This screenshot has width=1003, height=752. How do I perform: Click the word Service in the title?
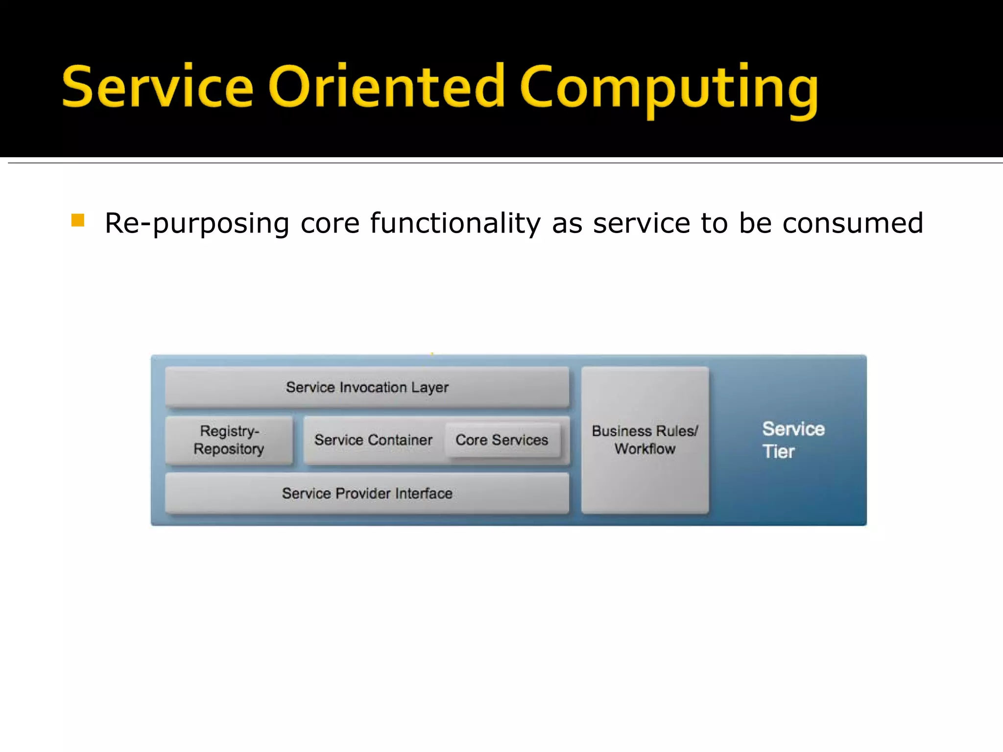158,87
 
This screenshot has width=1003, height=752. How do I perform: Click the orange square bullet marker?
78,220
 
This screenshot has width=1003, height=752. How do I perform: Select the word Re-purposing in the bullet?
197,224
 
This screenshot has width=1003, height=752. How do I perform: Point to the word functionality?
455,224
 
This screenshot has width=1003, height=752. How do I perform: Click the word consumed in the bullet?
853,223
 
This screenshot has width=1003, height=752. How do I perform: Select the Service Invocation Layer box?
367,387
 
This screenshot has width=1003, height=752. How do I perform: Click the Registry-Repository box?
229,440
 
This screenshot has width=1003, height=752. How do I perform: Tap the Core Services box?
502,440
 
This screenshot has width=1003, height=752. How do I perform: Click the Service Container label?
373,440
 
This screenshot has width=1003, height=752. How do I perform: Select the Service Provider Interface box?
367,493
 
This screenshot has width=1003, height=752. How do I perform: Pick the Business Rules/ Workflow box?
645,440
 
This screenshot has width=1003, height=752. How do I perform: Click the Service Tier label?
792,440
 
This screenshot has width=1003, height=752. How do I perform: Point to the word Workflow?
645,448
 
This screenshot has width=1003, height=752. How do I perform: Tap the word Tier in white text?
778,451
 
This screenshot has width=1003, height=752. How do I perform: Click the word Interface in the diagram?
424,493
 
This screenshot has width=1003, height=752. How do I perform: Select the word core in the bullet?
330,224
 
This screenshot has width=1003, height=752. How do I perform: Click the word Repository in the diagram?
229,448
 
